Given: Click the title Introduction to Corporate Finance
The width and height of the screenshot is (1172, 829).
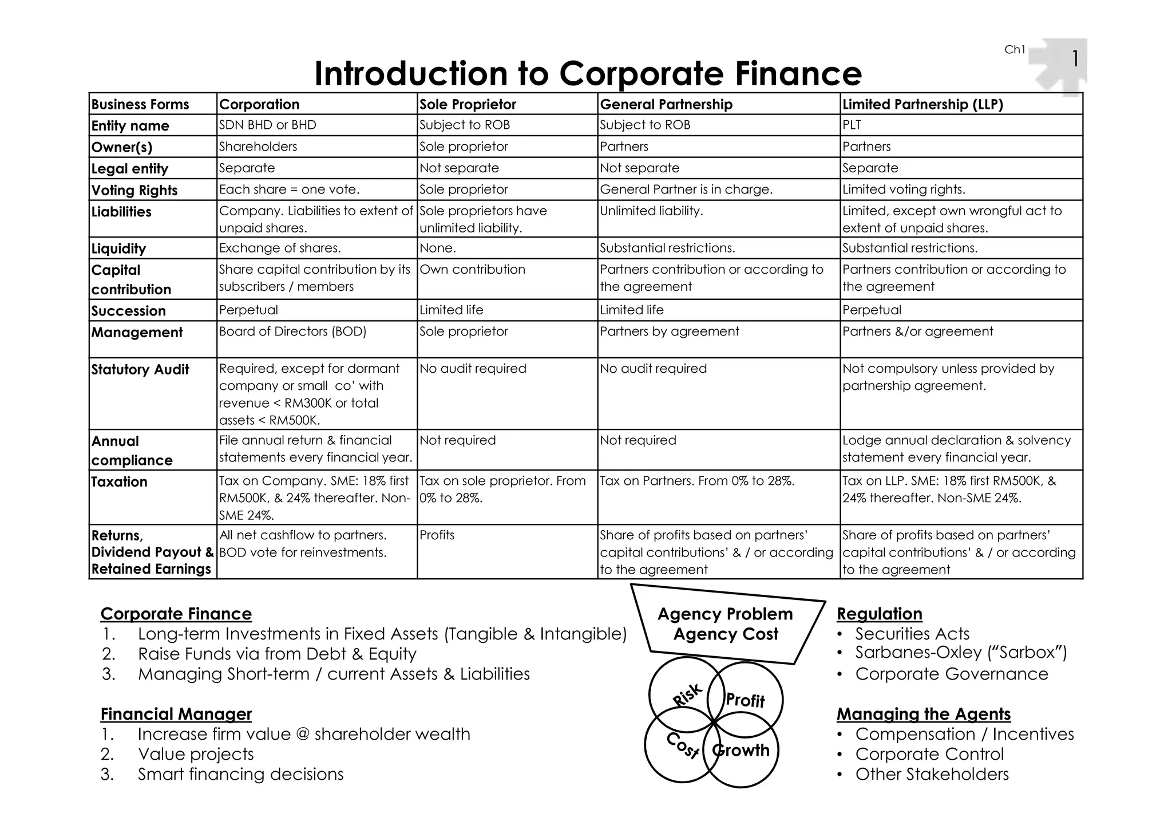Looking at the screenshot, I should [x=588, y=74].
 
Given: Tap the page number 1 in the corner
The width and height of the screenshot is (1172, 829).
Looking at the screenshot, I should [x=1075, y=58].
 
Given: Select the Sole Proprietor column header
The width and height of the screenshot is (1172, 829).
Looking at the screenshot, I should [x=468, y=104].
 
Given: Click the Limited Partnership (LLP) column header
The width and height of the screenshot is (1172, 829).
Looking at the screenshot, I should [x=922, y=104].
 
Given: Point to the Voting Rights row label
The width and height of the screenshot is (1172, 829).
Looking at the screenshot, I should [x=134, y=190].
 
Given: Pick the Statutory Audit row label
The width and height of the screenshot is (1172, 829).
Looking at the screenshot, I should [x=140, y=370].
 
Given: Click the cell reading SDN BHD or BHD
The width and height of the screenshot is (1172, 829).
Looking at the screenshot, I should [x=267, y=125].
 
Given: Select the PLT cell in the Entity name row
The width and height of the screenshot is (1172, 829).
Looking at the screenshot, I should [x=852, y=125].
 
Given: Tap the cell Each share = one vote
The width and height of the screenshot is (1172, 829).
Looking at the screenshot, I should [x=289, y=190].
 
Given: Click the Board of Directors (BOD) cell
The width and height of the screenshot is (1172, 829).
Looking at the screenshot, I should [x=292, y=331].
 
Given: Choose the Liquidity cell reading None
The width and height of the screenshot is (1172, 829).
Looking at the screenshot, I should [x=438, y=248].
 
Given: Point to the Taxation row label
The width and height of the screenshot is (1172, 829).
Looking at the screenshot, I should [x=120, y=482].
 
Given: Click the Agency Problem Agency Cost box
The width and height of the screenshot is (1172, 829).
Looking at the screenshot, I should [x=726, y=624].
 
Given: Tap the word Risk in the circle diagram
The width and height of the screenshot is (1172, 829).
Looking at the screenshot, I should [x=687, y=694].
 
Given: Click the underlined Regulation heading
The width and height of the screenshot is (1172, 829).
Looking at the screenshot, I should [x=879, y=614].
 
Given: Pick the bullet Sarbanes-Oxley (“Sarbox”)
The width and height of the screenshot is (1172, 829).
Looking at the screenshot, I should [x=960, y=653].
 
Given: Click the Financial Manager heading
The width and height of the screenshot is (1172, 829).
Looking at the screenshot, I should [x=176, y=714].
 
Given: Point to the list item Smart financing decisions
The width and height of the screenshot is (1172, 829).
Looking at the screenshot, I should [x=240, y=774].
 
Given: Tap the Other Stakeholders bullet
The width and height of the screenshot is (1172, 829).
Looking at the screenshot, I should [x=932, y=774].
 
